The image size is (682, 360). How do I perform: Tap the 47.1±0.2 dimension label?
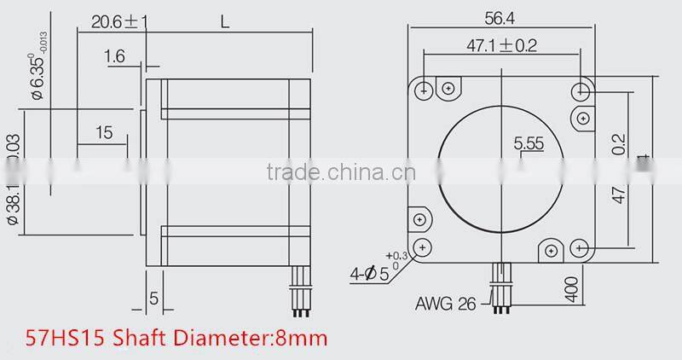[x=501, y=46]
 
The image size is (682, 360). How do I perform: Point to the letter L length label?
[x=225, y=23]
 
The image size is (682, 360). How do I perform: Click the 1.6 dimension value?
[x=116, y=57]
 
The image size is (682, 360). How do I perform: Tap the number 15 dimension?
[x=104, y=132]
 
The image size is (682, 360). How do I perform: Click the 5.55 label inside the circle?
[x=529, y=144]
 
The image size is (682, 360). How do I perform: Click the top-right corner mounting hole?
[x=583, y=89]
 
